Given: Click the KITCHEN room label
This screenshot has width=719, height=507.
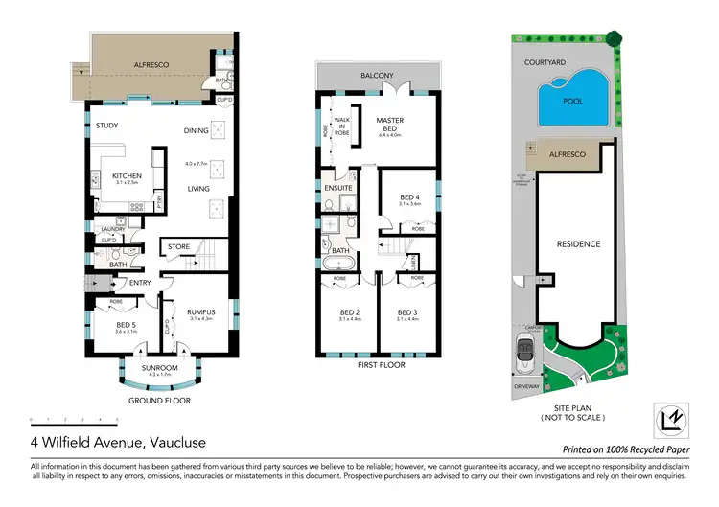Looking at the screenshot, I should pyautogui.click(x=127, y=175).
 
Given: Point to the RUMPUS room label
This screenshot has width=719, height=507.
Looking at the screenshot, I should pyautogui.click(x=200, y=311).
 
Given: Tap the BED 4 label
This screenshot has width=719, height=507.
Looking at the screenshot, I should pyautogui.click(x=409, y=197).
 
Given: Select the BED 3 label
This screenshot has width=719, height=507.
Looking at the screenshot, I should pyautogui.click(x=409, y=312).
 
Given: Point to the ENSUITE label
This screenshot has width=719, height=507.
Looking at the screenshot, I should pyautogui.click(x=339, y=188).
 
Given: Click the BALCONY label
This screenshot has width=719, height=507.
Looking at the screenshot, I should pyautogui.click(x=377, y=75).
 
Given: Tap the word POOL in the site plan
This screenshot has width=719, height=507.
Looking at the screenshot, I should pyautogui.click(x=572, y=102).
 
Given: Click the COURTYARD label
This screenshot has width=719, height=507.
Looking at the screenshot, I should pyautogui.click(x=543, y=61).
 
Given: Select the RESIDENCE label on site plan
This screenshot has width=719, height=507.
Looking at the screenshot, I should pyautogui.click(x=578, y=243).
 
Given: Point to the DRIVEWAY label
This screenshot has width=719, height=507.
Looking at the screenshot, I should pyautogui.click(x=528, y=387).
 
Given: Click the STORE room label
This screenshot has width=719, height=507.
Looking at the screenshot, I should pyautogui.click(x=178, y=247).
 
